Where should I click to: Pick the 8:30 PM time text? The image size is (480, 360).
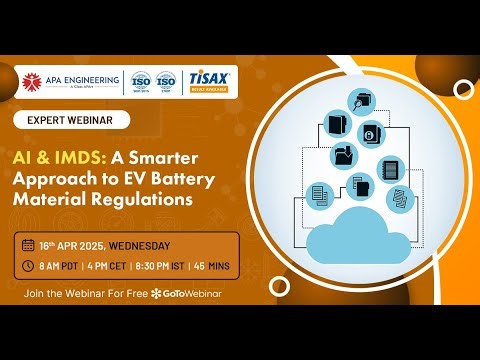point(161,265)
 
